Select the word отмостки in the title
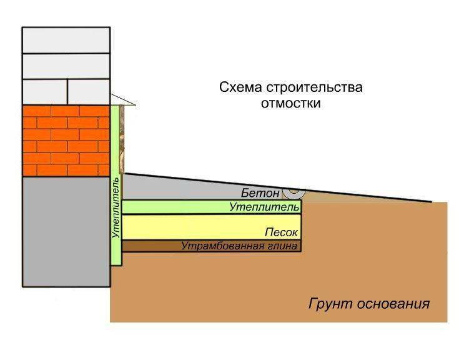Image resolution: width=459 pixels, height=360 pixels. [291, 103]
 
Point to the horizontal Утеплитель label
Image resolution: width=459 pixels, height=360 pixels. [264, 206]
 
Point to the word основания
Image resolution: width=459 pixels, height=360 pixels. [394, 304]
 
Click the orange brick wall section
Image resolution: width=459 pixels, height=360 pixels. [66, 141]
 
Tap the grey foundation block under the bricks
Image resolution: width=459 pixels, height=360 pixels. [66, 231]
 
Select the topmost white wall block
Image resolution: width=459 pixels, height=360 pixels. [66, 40]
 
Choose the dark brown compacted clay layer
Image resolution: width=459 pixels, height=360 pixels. [150, 246]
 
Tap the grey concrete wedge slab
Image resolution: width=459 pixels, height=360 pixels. [187, 187]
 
